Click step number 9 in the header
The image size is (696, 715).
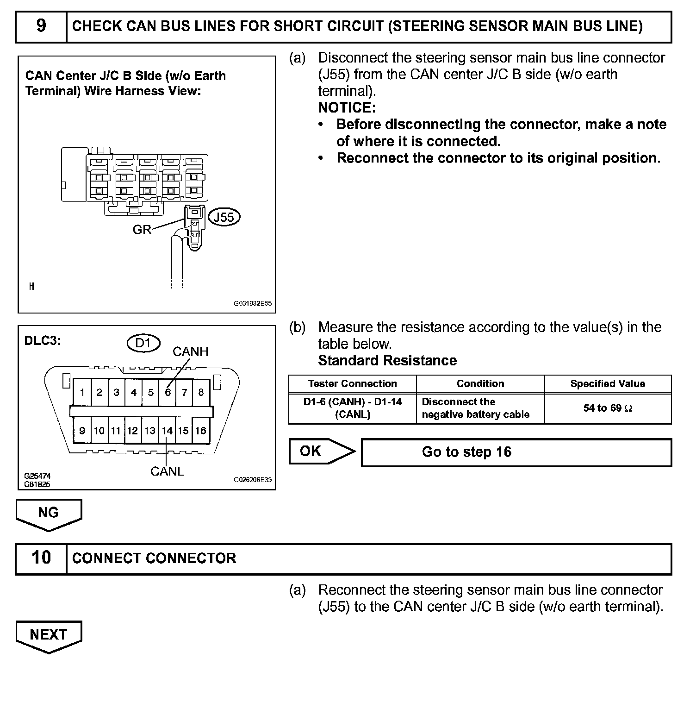point(41,26)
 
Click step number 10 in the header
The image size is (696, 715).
point(41,558)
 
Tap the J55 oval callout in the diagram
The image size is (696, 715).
point(224,217)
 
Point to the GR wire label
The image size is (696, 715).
point(142,230)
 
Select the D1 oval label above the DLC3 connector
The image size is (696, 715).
point(143,343)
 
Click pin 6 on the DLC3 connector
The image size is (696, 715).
point(168,393)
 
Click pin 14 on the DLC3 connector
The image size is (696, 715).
point(167,431)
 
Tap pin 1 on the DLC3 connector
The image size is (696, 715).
point(82,393)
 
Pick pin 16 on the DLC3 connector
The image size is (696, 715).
point(200,431)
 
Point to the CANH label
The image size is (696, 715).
point(190,352)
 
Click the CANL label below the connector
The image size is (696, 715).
point(167,471)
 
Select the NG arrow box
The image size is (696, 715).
point(49,513)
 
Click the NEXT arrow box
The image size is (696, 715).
point(49,634)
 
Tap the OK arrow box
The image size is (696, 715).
point(319,451)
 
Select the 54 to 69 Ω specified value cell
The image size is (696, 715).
point(608,408)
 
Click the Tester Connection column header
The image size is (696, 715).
point(352,383)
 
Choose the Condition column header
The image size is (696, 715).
point(480,383)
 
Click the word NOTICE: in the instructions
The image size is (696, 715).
point(347,107)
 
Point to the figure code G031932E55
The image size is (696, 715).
point(252,304)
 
